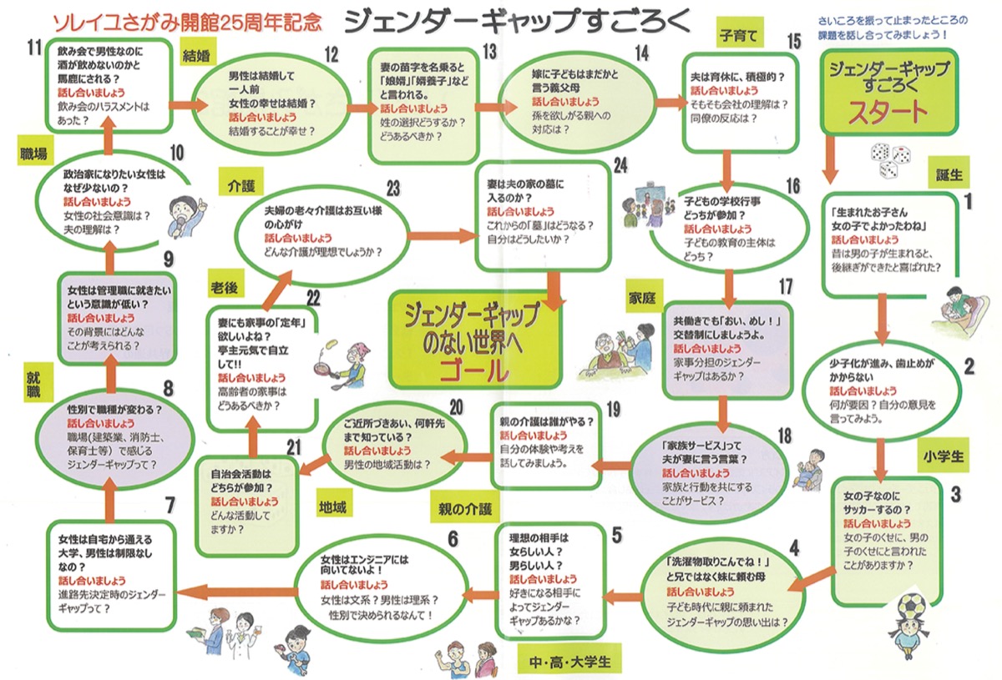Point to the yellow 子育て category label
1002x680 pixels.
tap(736, 36)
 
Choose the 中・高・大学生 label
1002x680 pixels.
tap(570, 662)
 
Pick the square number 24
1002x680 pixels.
tap(620, 165)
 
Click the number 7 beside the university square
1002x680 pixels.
tap(170, 505)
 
